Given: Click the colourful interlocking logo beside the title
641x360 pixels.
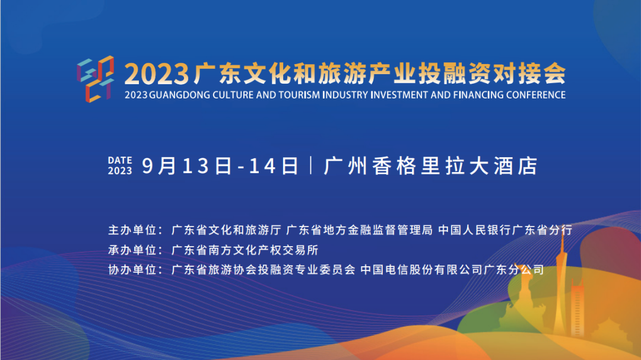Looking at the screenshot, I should (95, 80).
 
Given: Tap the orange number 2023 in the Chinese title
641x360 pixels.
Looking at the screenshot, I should (157, 74).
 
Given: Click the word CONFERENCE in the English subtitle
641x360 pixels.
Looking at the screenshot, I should (535, 95).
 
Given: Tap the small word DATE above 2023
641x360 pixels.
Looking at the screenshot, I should (120, 160).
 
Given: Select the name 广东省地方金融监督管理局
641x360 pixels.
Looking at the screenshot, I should (359, 230).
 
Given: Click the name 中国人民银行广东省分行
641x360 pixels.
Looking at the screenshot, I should (505, 230).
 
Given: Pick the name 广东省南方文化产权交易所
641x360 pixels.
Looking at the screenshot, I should (245, 250).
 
